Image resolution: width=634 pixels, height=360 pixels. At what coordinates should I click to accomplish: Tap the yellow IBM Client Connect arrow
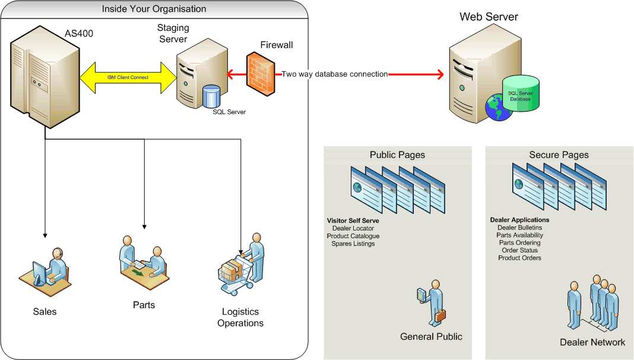tap(128, 77)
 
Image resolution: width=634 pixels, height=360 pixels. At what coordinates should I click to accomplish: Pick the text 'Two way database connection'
tap(334, 74)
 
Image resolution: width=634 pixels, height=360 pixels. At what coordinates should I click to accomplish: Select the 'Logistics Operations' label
tap(240, 317)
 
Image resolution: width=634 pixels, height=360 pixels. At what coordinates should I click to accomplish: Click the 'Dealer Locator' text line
tap(353, 228)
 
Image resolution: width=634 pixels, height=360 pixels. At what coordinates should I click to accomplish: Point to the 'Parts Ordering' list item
tap(519, 243)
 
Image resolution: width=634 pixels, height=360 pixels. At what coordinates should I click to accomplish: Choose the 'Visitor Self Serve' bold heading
tap(353, 221)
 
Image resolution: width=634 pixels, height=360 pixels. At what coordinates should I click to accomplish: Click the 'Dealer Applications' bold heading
tap(519, 220)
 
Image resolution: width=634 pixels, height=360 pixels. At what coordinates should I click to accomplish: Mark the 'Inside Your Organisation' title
tap(154, 9)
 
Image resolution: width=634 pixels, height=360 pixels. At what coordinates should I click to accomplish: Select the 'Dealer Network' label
tap(592, 342)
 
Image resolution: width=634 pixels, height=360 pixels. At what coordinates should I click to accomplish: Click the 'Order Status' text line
tap(519, 250)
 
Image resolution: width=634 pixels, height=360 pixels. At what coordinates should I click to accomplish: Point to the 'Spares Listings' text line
tap(353, 244)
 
